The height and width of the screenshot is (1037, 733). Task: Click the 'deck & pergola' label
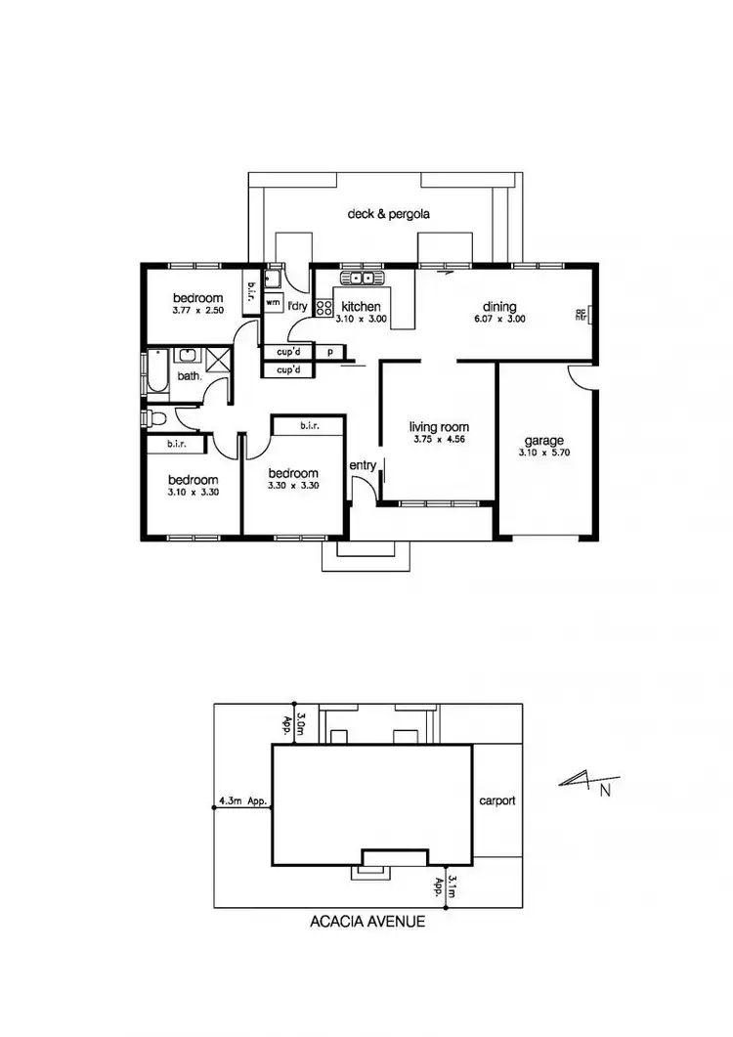point(389,213)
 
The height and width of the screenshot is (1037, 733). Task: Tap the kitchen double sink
point(366,279)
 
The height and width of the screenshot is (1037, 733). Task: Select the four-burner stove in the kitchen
point(323,307)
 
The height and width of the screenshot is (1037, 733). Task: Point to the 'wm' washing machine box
point(273,303)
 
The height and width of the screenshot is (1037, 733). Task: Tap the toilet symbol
point(155,419)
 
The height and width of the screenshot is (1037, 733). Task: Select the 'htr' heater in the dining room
point(582,315)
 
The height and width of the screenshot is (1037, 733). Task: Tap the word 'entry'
point(362,465)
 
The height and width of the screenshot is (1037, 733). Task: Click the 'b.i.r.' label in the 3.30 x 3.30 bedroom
point(309,425)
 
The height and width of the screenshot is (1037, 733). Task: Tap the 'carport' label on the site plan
point(496,800)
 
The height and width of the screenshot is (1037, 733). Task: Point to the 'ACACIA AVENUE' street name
point(366,921)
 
